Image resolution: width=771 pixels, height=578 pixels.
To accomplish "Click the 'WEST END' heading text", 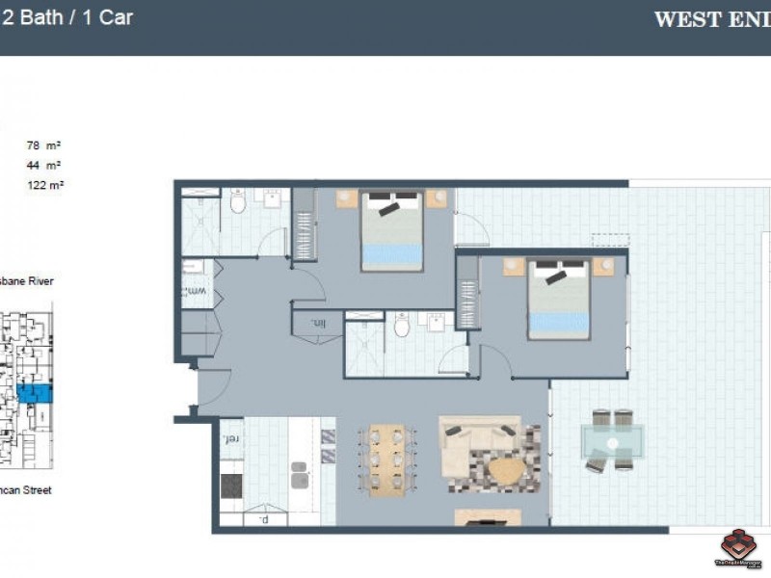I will click(711, 20).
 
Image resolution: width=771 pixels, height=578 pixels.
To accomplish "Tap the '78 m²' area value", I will click(44, 146).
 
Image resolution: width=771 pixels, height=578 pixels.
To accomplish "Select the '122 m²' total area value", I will click(44, 184).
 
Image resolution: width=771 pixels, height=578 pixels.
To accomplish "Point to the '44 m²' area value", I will click(44, 165).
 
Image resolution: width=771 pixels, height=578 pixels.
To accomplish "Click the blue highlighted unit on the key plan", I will click(39, 393).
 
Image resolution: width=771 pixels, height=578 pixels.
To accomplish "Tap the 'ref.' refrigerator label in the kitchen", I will click(230, 440).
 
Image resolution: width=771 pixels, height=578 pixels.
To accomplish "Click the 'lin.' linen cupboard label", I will click(318, 324).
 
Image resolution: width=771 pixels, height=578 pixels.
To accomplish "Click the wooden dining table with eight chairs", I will click(385, 460).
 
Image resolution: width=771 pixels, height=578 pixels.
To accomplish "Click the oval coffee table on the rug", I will click(507, 471).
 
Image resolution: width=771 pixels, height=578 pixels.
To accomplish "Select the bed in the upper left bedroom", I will click(392, 231).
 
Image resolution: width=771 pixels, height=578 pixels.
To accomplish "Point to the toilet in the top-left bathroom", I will click(238, 203).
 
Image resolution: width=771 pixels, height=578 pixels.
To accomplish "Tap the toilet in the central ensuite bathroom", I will click(402, 327).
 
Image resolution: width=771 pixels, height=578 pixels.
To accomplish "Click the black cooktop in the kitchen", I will click(232, 485).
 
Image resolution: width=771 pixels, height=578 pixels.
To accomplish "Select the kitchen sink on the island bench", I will click(300, 475).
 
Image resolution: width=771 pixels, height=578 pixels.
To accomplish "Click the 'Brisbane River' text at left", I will click(26, 281).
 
